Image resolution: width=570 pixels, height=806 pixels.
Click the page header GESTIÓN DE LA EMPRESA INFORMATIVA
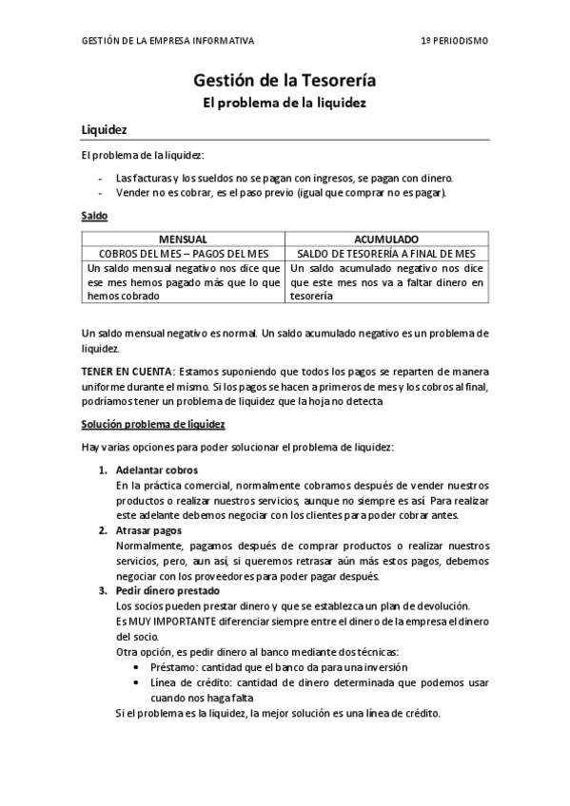point(168,42)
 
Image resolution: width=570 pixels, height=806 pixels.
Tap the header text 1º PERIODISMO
point(455,42)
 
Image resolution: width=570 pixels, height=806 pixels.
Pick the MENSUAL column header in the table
point(183,240)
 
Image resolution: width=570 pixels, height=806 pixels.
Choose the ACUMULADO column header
point(386,240)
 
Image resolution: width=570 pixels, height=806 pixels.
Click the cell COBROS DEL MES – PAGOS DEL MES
point(183,254)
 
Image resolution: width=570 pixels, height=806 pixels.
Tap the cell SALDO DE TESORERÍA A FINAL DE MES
point(386,254)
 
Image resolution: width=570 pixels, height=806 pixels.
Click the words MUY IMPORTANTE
point(162,621)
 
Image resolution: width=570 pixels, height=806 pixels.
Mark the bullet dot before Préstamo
point(140,667)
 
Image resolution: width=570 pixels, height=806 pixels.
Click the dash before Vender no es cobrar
point(101,192)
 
